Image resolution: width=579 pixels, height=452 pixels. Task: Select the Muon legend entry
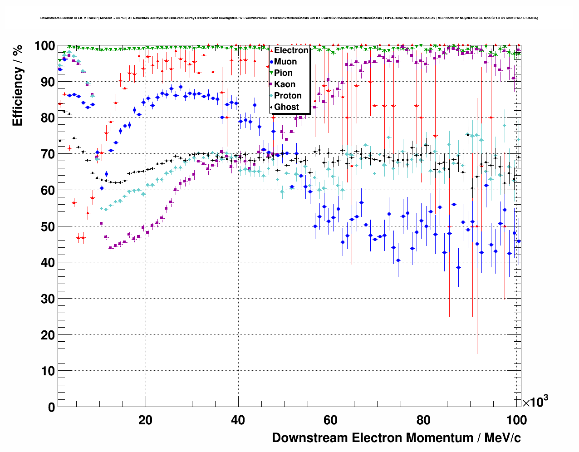(x=285, y=62)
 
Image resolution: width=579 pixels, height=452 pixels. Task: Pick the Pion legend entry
(x=283, y=73)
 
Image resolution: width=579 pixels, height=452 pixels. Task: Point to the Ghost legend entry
(x=286, y=107)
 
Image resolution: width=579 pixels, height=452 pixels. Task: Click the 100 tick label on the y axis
(x=44, y=46)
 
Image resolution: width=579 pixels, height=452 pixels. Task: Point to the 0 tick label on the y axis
(x=52, y=407)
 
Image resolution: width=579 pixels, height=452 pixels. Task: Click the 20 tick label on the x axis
(x=146, y=420)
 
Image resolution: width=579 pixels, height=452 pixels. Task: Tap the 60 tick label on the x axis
(x=331, y=420)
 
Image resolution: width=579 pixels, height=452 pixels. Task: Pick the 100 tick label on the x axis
(x=516, y=420)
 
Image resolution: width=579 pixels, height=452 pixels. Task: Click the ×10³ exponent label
(x=535, y=402)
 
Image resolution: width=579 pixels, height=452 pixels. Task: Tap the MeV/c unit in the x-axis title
(x=503, y=438)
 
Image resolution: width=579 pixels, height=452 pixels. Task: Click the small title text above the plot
(x=289, y=18)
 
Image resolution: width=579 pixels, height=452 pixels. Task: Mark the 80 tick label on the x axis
(x=423, y=420)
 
